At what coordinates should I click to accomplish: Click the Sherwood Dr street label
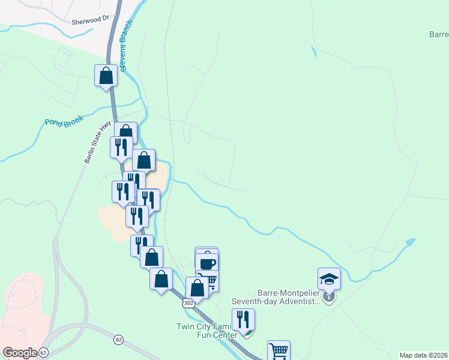[90, 21]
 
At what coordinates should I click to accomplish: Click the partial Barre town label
[438, 35]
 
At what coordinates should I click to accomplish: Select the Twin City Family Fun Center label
[204, 331]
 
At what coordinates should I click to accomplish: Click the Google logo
[19, 353]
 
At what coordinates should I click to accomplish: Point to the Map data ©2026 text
[423, 355]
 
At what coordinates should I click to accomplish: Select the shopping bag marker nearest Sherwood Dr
[106, 76]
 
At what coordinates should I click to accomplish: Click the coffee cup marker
[207, 263]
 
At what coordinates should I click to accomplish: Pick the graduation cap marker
[329, 278]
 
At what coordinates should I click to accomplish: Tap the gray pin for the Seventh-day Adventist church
[328, 296]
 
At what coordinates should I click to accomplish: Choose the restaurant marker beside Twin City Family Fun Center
[243, 319]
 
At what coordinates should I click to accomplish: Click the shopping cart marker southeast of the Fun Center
[279, 350]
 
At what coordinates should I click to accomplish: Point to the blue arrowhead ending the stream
[411, 242]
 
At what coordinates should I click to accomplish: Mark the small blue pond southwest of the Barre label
[313, 52]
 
